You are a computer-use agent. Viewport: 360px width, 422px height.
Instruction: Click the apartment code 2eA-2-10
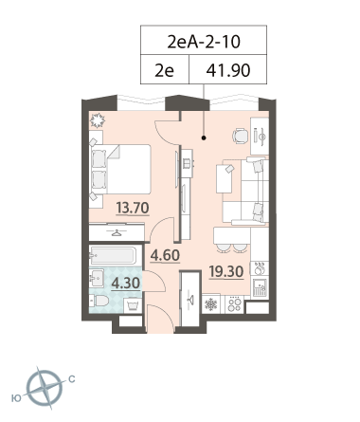tap(204, 42)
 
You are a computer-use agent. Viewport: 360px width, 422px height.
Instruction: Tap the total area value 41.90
tap(228, 70)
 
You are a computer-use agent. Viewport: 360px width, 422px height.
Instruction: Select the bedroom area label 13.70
tap(133, 208)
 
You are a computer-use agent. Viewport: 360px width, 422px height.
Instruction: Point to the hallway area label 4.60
tap(165, 255)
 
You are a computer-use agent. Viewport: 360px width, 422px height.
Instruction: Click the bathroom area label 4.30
tap(126, 284)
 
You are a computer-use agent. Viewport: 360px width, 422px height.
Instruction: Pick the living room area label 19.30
tap(226, 271)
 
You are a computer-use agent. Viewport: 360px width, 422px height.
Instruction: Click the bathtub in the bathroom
tap(113, 255)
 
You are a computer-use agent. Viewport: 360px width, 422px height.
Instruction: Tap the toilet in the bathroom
tap(99, 301)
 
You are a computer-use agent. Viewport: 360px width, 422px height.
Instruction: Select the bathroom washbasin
tap(97, 278)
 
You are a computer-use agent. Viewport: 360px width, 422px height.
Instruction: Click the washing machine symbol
tap(133, 305)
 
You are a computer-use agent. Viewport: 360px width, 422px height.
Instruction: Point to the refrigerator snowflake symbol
tap(211, 304)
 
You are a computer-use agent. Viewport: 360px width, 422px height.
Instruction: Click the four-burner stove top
tap(235, 304)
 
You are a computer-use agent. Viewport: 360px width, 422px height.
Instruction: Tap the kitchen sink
tap(260, 287)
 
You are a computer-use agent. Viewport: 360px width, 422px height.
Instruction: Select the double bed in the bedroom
tap(120, 169)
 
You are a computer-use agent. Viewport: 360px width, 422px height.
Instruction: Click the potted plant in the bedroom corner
tap(97, 120)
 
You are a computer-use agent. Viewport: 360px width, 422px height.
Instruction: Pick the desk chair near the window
tap(240, 137)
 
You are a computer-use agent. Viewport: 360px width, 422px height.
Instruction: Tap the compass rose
tap(45, 388)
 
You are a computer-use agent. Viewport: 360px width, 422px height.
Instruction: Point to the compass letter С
tap(72, 379)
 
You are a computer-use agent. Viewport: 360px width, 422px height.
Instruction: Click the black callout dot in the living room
tap(204, 138)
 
